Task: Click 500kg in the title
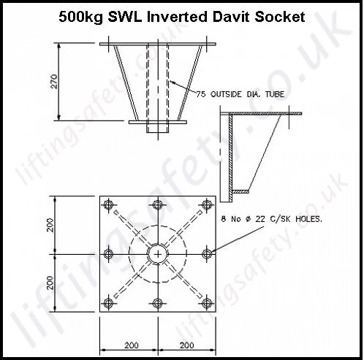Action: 81,18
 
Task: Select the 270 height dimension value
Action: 55,82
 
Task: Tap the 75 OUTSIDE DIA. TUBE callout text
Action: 240,94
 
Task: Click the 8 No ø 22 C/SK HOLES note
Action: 271,219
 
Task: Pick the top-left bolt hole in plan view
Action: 108,204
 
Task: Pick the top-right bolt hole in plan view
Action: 207,204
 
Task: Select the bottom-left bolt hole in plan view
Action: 108,303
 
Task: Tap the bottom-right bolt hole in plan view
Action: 207,303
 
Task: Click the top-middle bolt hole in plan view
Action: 158,204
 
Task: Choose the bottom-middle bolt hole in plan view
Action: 158,303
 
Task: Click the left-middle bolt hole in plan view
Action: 108,254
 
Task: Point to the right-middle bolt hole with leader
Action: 207,254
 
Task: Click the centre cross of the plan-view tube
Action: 158,254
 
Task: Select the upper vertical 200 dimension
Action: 50,225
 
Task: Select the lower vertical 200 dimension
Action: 50,283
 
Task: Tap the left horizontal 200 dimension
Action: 132,345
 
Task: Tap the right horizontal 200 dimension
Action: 186,345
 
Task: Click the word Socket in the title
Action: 280,17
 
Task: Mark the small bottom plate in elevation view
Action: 158,122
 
